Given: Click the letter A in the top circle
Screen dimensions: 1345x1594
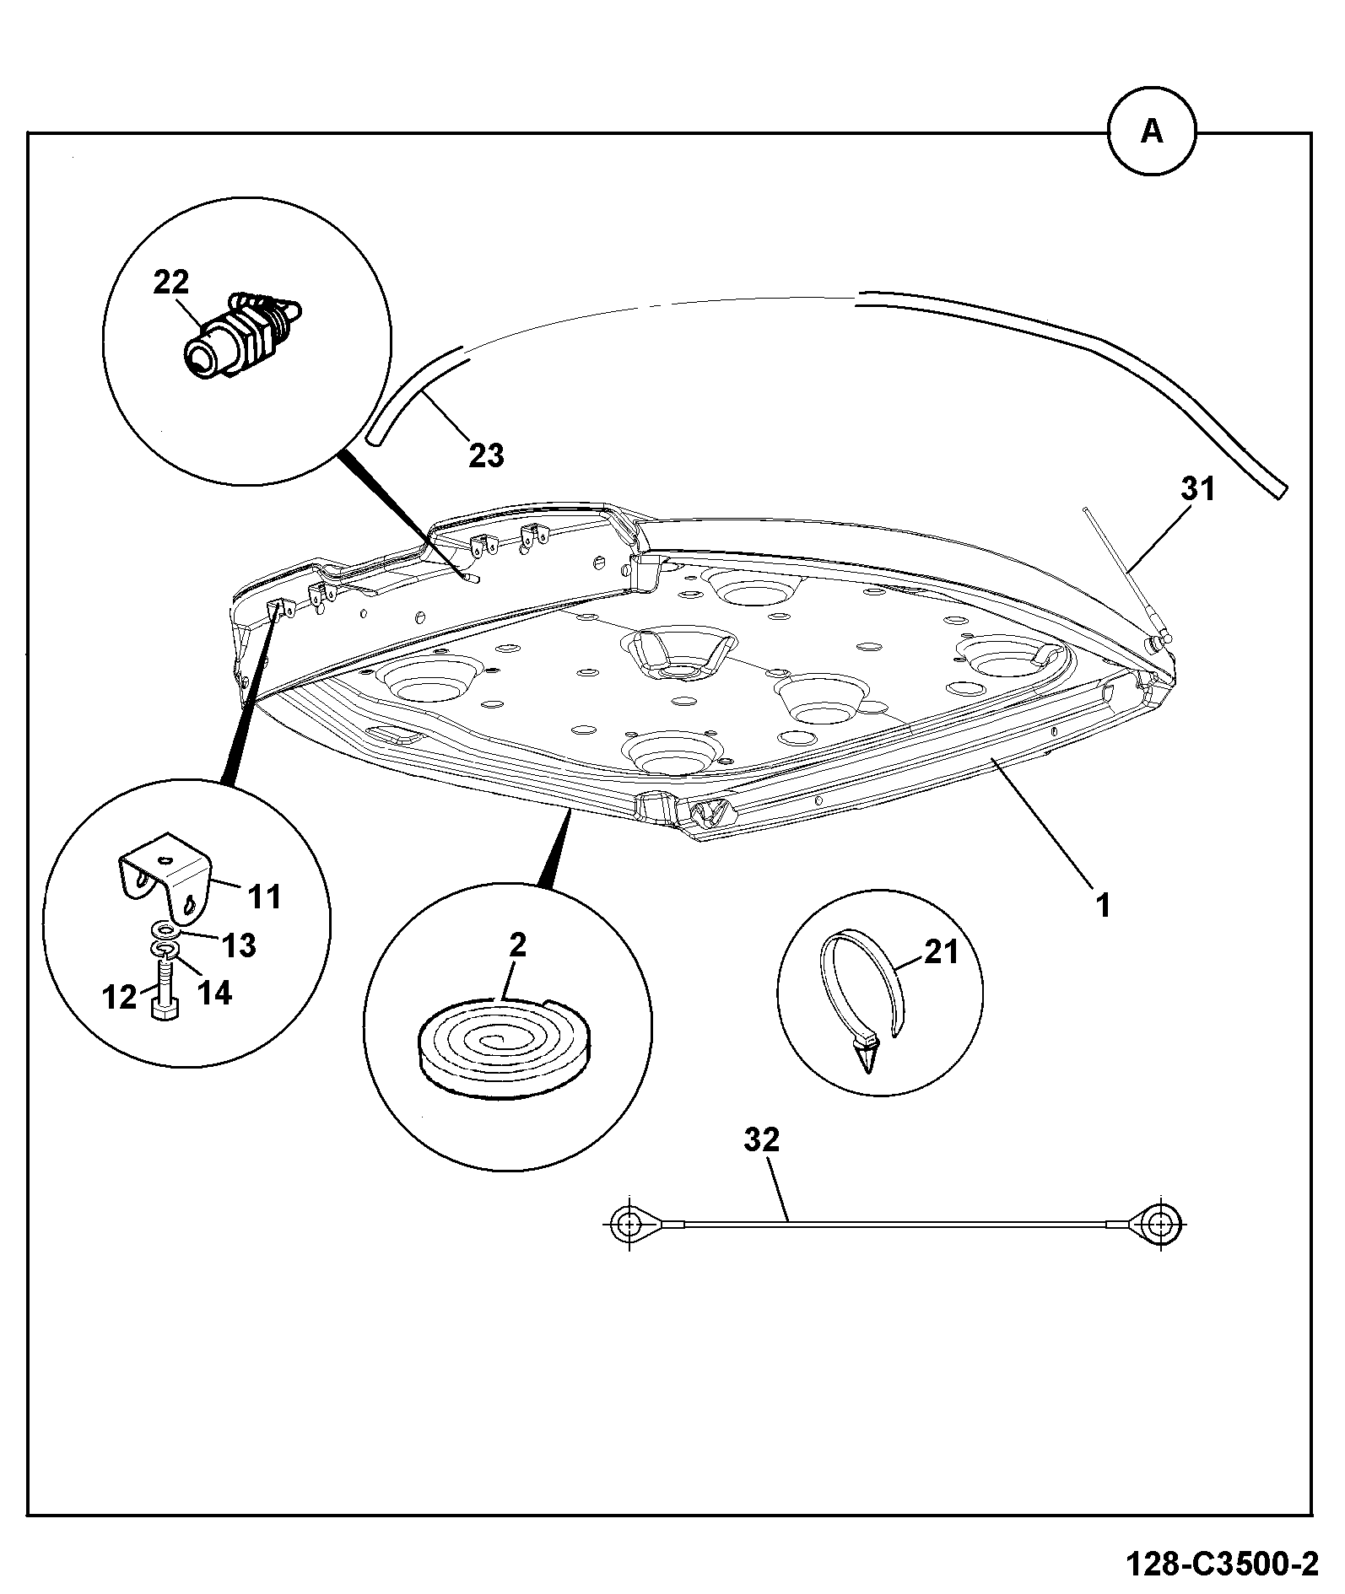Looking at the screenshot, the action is pos(1152,132).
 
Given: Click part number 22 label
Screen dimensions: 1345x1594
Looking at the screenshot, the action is pos(171,282).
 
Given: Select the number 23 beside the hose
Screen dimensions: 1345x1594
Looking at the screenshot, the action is pos(486,455).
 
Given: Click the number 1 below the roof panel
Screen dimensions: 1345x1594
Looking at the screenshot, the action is pos(1103,905).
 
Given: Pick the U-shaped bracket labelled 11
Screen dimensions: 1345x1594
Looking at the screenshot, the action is pos(165,879).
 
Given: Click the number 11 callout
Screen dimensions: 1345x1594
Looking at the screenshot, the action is pos(265,896).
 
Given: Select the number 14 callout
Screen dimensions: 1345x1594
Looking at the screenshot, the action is pos(214,993).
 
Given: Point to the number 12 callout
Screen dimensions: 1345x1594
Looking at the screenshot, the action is pos(119,997).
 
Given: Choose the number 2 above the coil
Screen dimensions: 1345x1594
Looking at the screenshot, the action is pos(517,945).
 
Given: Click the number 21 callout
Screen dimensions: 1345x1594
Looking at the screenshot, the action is pos(942,952).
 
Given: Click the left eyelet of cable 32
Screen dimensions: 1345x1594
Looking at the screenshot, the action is pos(629,1222).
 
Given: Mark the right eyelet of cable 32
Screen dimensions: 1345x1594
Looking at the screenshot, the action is pos(1162,1222).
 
